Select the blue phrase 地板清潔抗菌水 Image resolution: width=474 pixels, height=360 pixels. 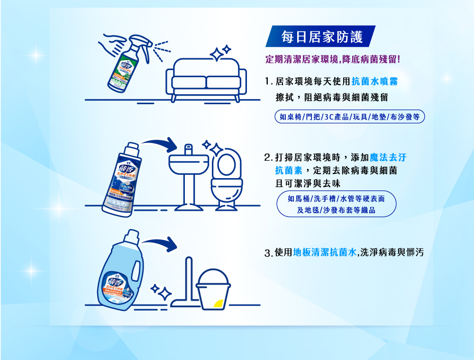[324, 252]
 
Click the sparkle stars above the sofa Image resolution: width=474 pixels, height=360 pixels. [220, 52]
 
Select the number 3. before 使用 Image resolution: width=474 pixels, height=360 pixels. [268, 253]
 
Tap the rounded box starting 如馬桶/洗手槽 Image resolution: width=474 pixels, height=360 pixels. [336, 204]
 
